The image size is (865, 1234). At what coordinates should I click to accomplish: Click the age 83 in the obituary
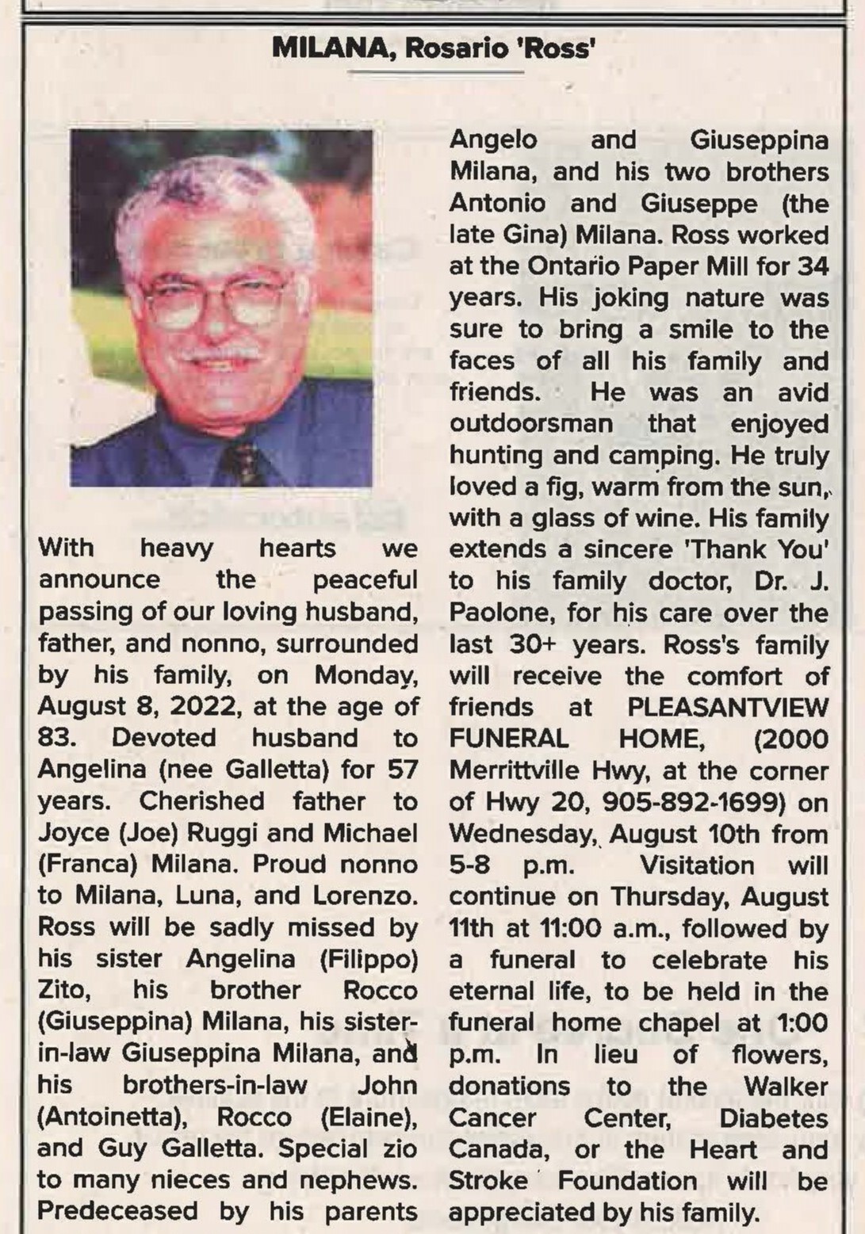click(x=56, y=738)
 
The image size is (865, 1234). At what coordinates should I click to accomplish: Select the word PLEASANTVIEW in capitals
click(x=728, y=707)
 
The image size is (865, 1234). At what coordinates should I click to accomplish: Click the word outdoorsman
click(x=531, y=423)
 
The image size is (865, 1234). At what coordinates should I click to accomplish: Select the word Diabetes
click(x=773, y=1117)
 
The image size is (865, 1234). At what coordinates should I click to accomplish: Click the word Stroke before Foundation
click(x=488, y=1181)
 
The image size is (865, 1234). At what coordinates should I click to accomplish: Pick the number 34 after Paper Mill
click(x=813, y=266)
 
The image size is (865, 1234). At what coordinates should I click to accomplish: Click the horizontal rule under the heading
click(x=435, y=73)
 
